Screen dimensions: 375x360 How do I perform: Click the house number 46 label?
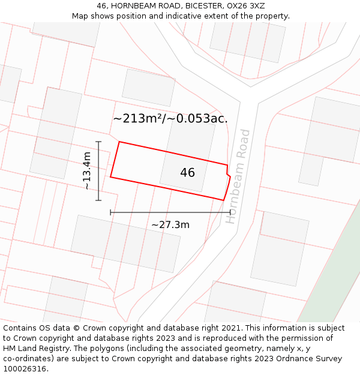pyautogui.click(x=187, y=173)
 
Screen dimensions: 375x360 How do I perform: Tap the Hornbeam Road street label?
pyautogui.click(x=238, y=176)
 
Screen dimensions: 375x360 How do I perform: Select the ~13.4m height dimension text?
pyautogui.click(x=87, y=171)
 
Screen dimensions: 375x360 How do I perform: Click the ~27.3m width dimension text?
pyautogui.click(x=170, y=225)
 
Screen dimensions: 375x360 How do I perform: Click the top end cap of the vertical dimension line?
pyautogui.click(x=98, y=142)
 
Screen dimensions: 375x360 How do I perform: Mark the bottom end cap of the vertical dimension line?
pyautogui.click(x=98, y=200)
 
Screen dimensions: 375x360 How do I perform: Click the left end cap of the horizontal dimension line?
pyautogui.click(x=110, y=212)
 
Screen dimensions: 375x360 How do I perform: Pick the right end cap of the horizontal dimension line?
pyautogui.click(x=230, y=212)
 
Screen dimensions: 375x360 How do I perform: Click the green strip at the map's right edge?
pyautogui.click(x=336, y=270)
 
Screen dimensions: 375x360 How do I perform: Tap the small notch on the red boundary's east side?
pyautogui.click(x=228, y=174)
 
